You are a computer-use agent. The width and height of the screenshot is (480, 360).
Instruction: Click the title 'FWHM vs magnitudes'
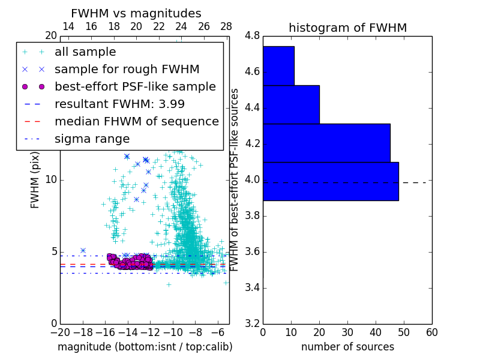(136, 13)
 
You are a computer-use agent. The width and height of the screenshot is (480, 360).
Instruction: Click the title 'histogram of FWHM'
(347, 28)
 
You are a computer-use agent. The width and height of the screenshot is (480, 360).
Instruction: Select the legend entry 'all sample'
(85, 52)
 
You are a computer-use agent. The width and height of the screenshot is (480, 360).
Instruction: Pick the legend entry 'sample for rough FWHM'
(127, 69)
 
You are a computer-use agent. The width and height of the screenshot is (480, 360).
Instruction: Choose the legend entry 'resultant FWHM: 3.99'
(119, 104)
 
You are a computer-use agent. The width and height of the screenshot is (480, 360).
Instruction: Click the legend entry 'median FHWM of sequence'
(136, 121)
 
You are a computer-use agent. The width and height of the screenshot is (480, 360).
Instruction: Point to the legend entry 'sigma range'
(92, 139)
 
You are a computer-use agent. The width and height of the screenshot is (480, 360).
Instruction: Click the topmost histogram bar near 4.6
(278, 65)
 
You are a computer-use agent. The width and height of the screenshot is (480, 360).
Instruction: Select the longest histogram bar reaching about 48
(331, 181)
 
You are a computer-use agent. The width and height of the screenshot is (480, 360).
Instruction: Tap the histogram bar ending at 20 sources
(291, 104)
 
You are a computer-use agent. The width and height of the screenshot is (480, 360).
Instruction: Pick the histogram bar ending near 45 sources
(326, 143)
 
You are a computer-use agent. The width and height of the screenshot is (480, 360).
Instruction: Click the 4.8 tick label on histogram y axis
(252, 36)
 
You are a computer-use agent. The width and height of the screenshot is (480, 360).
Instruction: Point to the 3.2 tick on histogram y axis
(252, 324)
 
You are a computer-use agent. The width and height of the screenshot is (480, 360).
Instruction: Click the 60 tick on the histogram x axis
(431, 332)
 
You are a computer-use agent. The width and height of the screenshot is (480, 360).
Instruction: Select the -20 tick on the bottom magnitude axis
(60, 332)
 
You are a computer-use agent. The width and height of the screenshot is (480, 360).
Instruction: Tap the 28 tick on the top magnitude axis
(226, 26)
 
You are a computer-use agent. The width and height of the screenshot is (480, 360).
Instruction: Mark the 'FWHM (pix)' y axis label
(35, 180)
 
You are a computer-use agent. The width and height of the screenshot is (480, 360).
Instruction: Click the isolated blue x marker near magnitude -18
(83, 250)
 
